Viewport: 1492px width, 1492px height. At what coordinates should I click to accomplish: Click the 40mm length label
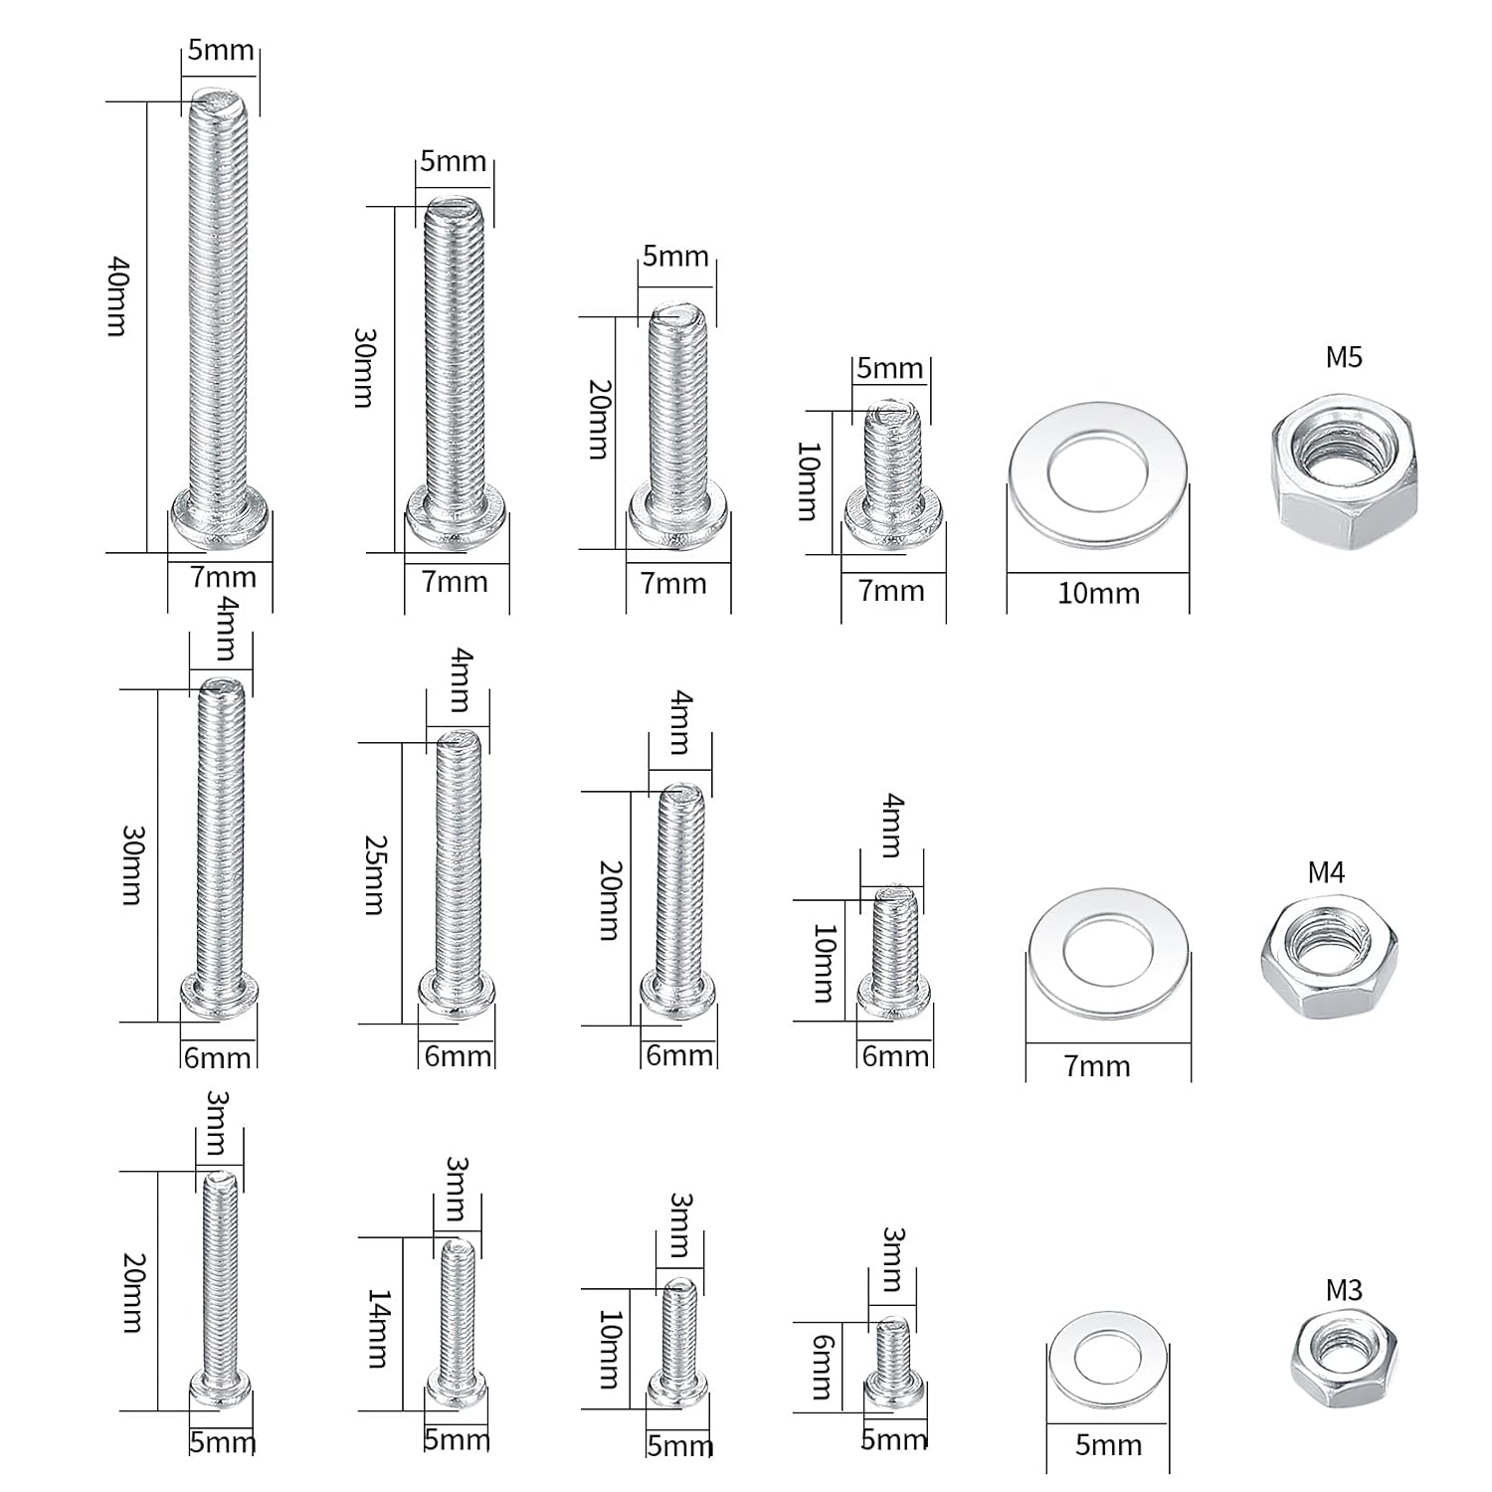(117, 296)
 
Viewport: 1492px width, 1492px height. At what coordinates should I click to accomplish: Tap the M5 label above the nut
(1344, 357)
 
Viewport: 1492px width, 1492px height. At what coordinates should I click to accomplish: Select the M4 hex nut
(1329, 955)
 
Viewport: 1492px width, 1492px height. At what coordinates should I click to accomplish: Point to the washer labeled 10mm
(1099, 476)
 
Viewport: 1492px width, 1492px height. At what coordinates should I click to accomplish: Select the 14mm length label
(379, 1328)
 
